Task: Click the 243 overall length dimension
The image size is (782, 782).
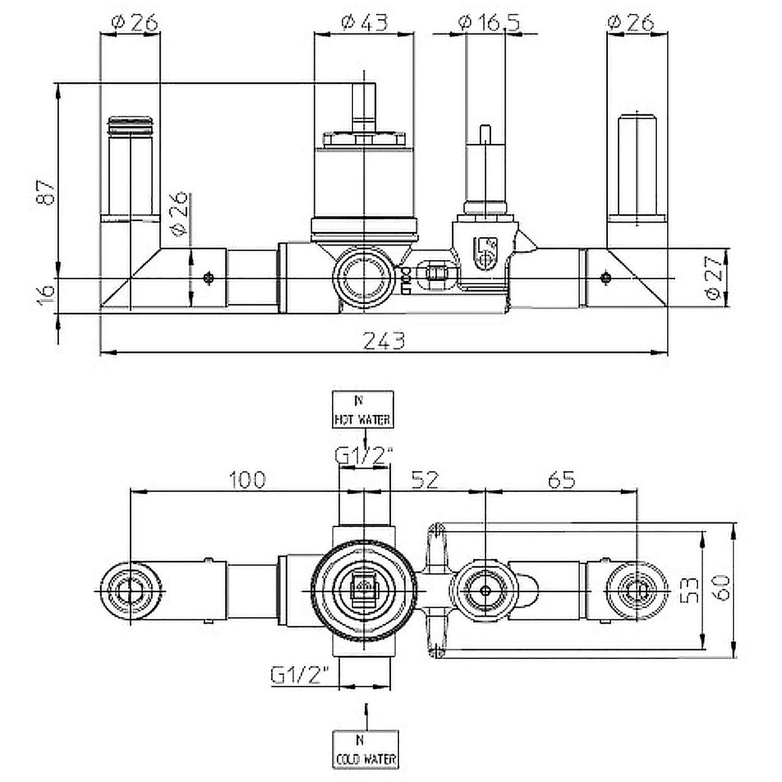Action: [384, 341]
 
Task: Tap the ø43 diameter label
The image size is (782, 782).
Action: [365, 22]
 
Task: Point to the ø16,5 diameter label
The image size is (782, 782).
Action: [488, 22]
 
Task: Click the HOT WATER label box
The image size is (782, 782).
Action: [363, 410]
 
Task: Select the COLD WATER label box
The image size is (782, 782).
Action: [365, 749]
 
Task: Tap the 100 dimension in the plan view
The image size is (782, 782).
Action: [248, 480]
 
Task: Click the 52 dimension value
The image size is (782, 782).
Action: [425, 480]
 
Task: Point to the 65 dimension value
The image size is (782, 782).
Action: [561, 480]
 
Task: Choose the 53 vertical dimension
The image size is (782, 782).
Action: [690, 590]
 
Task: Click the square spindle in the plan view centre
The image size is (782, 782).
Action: [364, 591]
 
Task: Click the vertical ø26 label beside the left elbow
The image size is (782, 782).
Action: [178, 213]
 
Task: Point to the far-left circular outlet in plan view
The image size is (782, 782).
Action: [130, 591]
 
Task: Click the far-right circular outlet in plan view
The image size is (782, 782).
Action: [637, 591]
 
